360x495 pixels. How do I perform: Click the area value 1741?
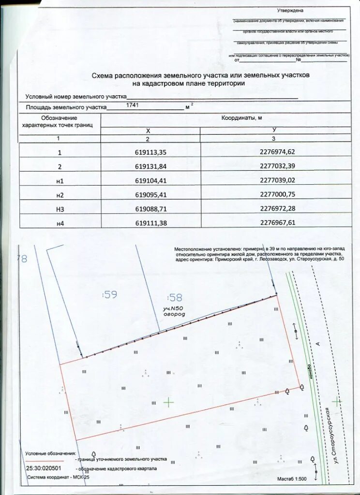point(132,104)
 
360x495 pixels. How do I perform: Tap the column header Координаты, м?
point(241,118)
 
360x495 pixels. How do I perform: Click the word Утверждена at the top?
point(290,10)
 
